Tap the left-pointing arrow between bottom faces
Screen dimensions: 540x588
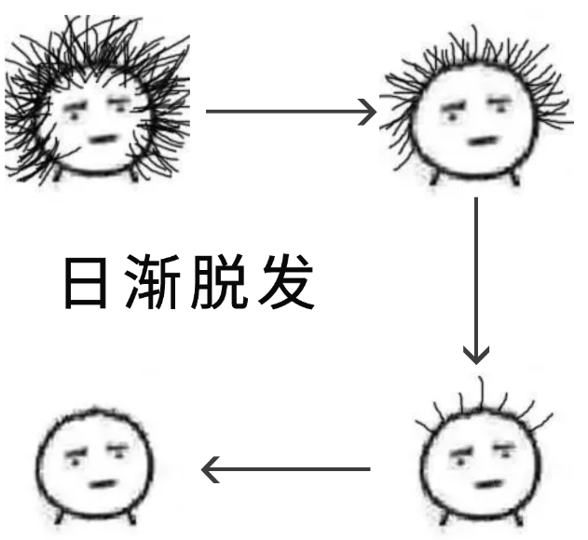click(286, 468)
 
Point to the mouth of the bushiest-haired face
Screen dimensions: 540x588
click(103, 140)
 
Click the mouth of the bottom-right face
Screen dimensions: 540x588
click(487, 485)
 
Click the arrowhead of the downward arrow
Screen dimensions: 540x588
click(476, 354)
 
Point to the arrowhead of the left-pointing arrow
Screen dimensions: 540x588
click(211, 468)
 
